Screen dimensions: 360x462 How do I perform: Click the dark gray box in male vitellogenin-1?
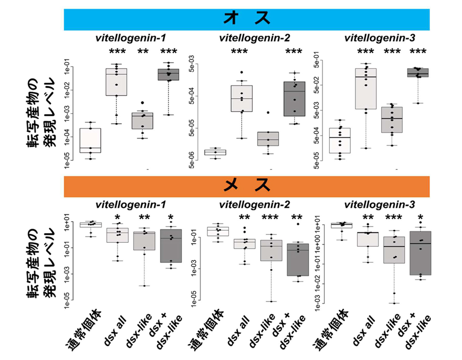[168, 74]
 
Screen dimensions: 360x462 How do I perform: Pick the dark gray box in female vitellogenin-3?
[420, 253]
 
